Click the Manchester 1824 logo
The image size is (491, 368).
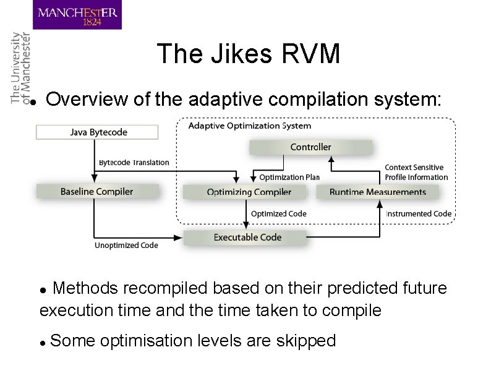click(x=77, y=15)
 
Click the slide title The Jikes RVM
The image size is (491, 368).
click(x=249, y=54)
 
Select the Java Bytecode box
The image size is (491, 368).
click(x=98, y=132)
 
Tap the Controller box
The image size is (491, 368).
click(x=310, y=147)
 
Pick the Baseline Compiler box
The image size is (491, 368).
click(x=96, y=192)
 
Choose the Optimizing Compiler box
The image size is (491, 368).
click(x=249, y=192)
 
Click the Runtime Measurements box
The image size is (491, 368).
click(x=377, y=192)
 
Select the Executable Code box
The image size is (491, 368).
click(x=247, y=237)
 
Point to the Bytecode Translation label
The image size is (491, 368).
click(x=134, y=163)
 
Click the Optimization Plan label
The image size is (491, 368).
click(x=289, y=178)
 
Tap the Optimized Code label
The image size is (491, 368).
click(x=278, y=214)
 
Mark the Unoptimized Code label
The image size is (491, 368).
click(x=126, y=246)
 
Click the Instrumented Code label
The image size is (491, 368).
click(x=419, y=214)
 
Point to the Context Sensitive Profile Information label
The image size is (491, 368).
click(x=416, y=173)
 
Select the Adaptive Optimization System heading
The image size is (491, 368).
click(x=249, y=126)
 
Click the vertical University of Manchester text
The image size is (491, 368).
click(x=20, y=68)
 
